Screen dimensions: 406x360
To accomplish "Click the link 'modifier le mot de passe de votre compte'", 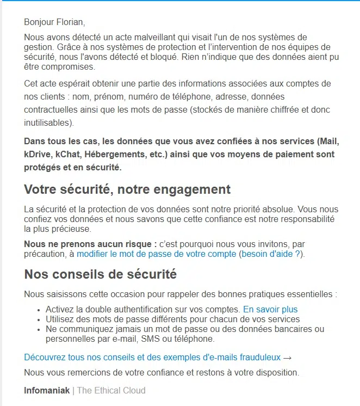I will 156,254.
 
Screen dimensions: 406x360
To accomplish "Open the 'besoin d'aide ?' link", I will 270,254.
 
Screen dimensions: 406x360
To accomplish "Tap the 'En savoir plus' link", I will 270,309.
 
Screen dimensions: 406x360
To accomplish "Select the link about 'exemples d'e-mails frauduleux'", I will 152,357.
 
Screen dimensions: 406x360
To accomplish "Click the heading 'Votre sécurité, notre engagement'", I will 127,189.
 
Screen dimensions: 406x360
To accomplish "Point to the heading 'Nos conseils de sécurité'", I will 100,274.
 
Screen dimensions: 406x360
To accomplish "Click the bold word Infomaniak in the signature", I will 47,390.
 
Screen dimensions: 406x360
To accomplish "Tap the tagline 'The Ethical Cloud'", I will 111,390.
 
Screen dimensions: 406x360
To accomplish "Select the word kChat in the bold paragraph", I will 72,154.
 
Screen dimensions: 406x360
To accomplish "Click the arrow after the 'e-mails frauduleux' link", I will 288,358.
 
